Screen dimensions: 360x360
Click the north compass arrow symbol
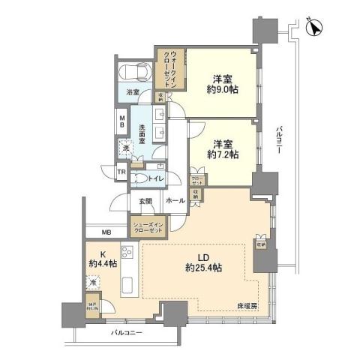pyautogui.click(x=315, y=26)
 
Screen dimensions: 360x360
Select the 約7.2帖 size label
pyautogui.click(x=223, y=154)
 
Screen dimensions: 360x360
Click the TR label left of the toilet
pyautogui.click(x=121, y=173)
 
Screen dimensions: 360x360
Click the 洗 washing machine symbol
pyautogui.click(x=126, y=148)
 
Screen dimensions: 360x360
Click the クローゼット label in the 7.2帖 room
pyautogui.click(x=196, y=181)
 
